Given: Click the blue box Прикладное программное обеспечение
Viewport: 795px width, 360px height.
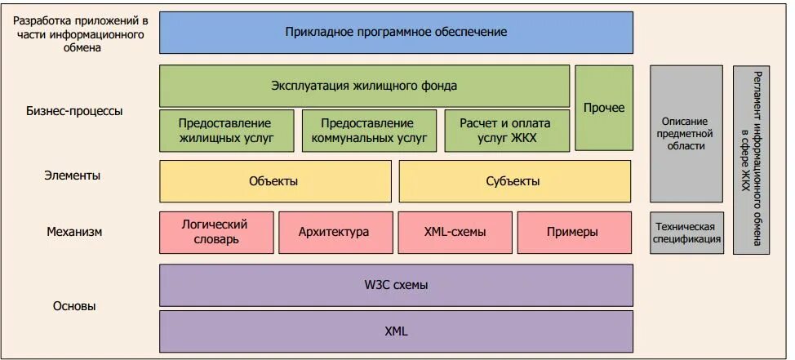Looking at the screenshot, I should click(396, 32).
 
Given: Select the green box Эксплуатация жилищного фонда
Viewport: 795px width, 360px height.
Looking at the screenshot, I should click(364, 86).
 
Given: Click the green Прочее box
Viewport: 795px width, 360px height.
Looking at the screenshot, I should click(604, 108).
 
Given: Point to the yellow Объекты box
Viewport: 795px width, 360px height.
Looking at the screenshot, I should click(275, 181).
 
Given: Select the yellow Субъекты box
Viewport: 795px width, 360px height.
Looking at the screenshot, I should click(514, 181).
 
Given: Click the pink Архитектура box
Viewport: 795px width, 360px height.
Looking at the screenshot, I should click(334, 232).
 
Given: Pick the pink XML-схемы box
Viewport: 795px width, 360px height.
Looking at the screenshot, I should click(455, 232).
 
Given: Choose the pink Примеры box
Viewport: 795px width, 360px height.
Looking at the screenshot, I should click(574, 232).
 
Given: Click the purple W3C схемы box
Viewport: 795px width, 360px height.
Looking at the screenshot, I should click(396, 285).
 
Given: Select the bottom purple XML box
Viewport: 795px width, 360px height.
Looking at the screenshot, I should click(396, 331).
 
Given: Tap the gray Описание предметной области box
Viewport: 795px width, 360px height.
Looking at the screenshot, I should click(686, 133).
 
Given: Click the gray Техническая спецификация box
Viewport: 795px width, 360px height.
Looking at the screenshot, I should click(686, 233).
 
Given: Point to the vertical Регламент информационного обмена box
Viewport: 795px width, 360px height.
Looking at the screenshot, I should click(751, 159).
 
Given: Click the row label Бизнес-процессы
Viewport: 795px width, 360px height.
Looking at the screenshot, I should click(74, 111).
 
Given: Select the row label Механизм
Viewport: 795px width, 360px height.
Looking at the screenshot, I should click(74, 232).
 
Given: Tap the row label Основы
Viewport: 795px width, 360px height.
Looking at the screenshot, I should click(74, 306).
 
